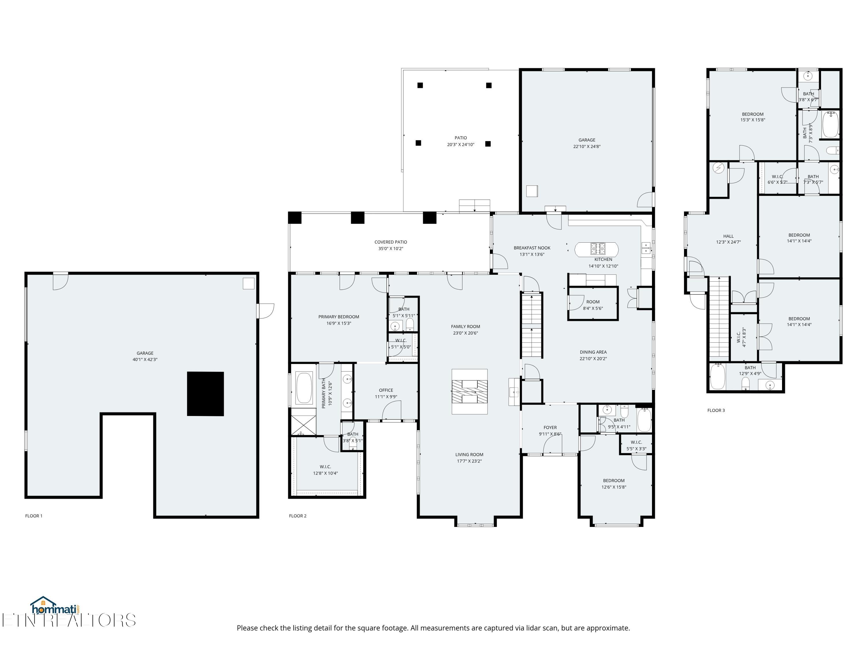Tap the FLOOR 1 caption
tap(34, 516)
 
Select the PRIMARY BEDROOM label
tap(339, 317)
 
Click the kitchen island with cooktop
tap(596, 249)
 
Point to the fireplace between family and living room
tap(470, 391)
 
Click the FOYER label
tap(550, 428)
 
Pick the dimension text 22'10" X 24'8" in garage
tap(587, 146)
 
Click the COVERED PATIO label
tap(390, 242)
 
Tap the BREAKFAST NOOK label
tap(532, 248)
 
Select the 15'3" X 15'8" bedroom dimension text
tap(753, 120)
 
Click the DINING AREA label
tap(593, 352)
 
